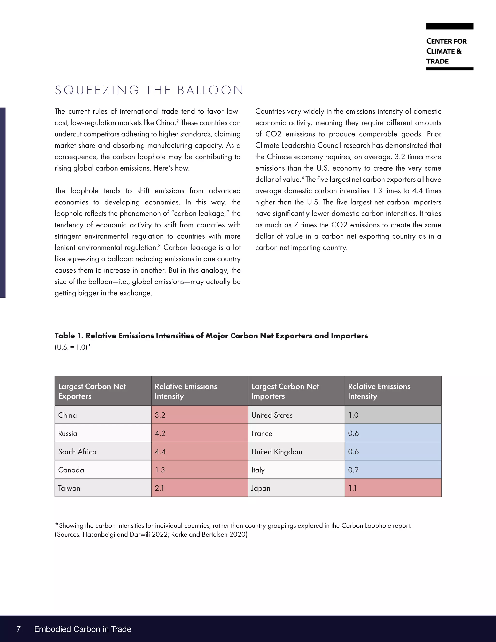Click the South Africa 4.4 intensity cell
pyautogui.click(x=199, y=452)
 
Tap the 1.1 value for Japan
pyautogui.click(x=393, y=488)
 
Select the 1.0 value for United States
pyautogui.click(x=393, y=415)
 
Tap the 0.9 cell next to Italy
pyautogui.click(x=393, y=470)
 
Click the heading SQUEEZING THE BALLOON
pyautogui.click(x=149, y=90)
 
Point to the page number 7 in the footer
pyautogui.click(x=18, y=629)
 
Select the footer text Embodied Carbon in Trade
pyautogui.click(x=83, y=629)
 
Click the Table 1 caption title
pyautogui.click(x=211, y=336)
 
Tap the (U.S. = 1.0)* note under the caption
pyautogui.click(x=73, y=347)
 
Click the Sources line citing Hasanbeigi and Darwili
pyautogui.click(x=151, y=534)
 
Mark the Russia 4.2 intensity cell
pyautogui.click(x=199, y=433)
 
